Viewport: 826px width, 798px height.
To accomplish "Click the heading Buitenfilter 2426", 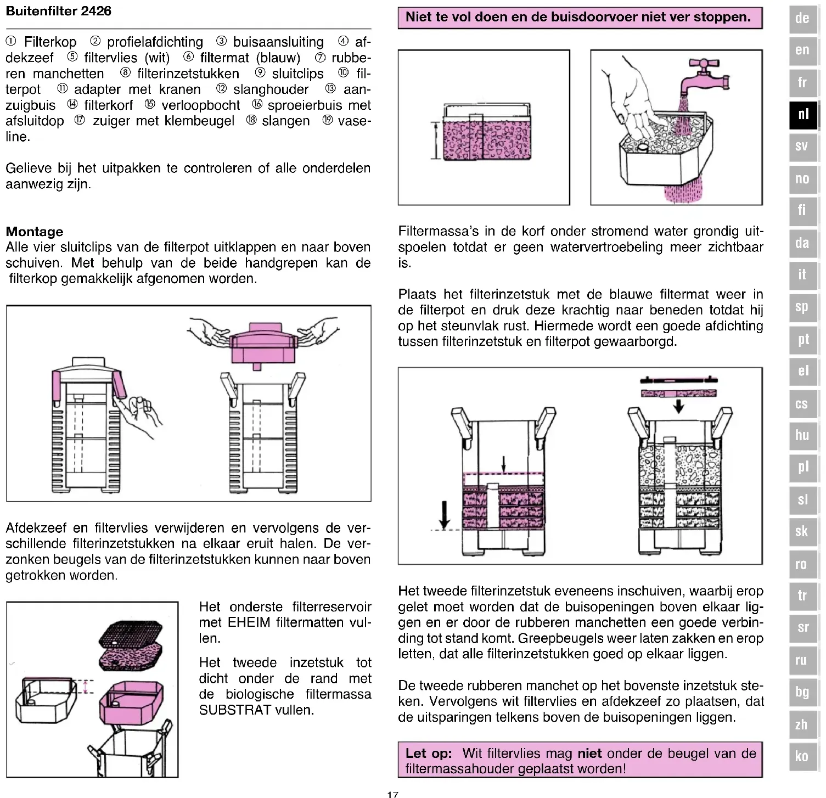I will (x=59, y=11).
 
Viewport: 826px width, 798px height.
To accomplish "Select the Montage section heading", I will (x=34, y=232).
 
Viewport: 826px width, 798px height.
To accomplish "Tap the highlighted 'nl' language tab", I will (x=803, y=115).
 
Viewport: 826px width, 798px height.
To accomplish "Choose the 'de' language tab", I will (x=803, y=18).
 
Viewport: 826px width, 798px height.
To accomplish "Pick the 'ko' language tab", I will (x=803, y=756).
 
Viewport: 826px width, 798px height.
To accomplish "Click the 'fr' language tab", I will (x=803, y=82).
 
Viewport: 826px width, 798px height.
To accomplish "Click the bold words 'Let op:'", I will (x=429, y=753).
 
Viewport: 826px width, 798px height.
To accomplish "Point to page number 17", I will (x=392, y=794).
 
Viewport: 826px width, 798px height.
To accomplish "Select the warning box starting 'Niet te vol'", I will (x=580, y=18).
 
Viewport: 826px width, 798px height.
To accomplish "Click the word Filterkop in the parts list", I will (x=50, y=42).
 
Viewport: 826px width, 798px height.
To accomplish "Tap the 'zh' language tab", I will (x=803, y=724).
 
